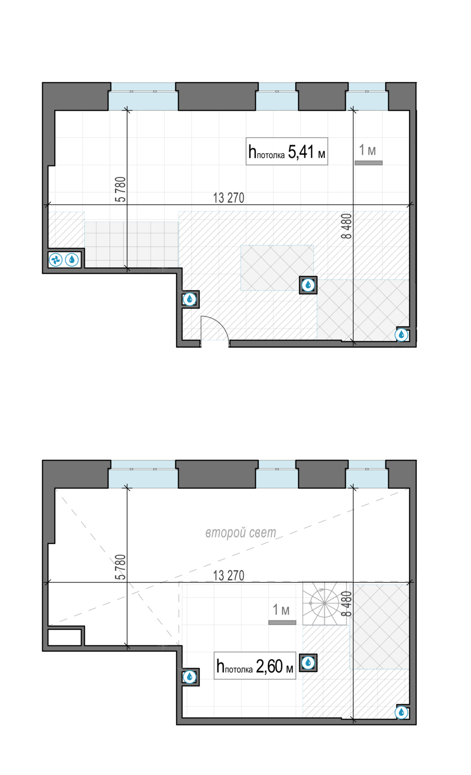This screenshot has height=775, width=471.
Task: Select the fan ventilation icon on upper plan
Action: pos(55,259)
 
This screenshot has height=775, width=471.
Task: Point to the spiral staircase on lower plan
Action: pos(324,603)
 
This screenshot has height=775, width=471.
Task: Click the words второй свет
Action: pos(241,533)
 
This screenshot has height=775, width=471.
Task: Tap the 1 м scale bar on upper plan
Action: pos(369,163)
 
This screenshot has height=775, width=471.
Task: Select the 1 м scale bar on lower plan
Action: pos(282,623)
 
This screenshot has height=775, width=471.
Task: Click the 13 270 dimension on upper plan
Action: pos(229,198)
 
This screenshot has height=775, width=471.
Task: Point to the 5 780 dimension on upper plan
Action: pos(120,189)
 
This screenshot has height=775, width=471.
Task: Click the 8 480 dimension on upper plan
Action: pos(346,226)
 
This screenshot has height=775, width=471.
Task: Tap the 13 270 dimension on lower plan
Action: pos(229,576)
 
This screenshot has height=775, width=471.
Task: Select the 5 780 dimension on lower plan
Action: pos(120,567)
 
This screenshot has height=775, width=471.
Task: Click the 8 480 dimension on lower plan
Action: pos(346,604)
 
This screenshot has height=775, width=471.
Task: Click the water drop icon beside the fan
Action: pos(72,259)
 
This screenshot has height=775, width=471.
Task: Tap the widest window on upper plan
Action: pos(143,97)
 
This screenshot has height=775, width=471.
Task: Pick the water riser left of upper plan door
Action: pos(190,299)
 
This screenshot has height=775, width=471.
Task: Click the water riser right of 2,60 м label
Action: pos(308,663)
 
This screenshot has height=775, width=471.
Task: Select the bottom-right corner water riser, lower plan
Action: pos(401,712)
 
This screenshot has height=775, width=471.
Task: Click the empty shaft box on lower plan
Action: pos(65,637)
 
